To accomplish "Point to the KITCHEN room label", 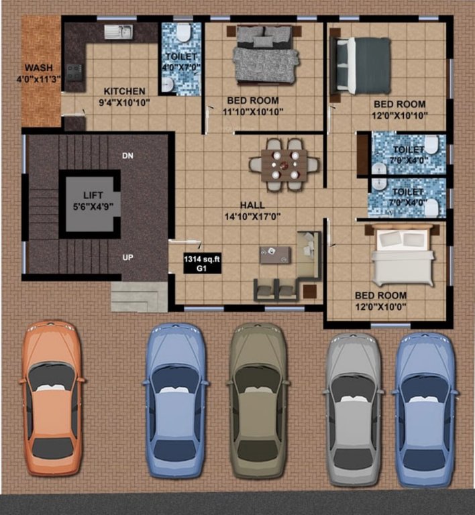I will click(124, 91).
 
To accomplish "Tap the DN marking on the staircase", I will click(127, 156).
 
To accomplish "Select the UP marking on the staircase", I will click(127, 257).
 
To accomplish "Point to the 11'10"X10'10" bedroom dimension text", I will click(252, 111).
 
